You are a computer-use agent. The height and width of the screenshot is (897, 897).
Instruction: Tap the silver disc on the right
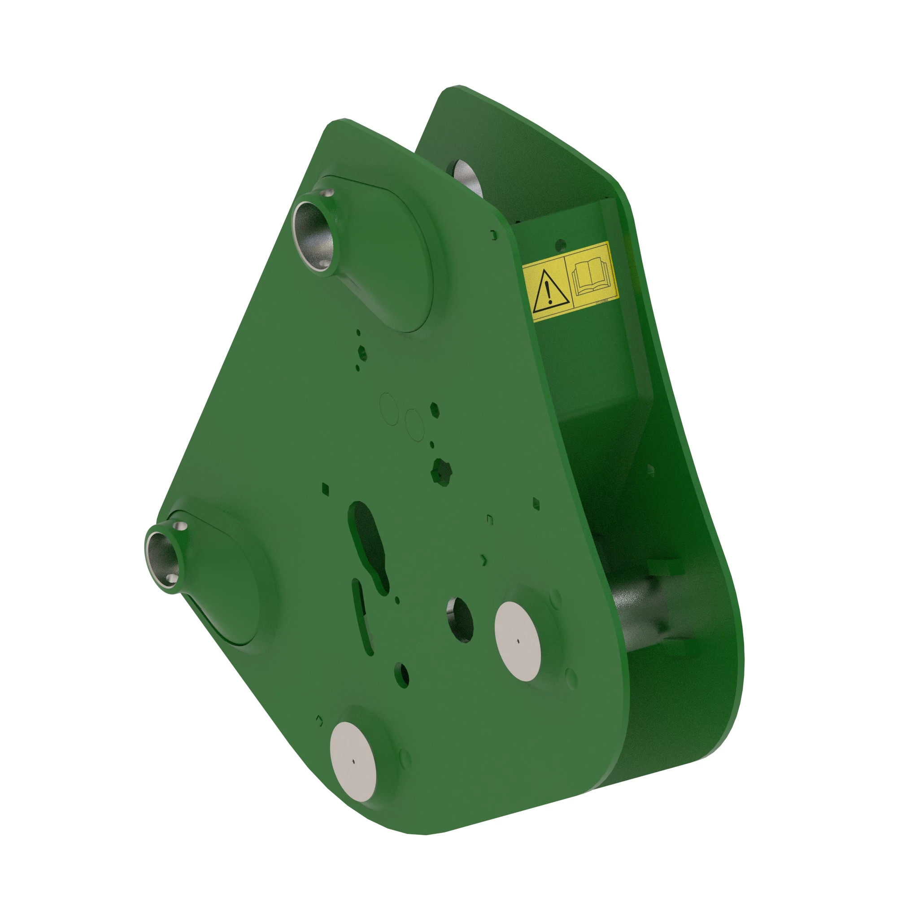tap(518, 641)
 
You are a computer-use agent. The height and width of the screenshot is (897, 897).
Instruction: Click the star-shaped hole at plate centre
tap(440, 472)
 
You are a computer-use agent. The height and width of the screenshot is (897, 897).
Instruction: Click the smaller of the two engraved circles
tap(414, 424)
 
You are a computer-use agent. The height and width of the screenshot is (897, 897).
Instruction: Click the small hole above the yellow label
tap(562, 243)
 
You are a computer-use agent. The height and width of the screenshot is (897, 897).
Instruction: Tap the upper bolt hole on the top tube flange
tap(330, 192)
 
